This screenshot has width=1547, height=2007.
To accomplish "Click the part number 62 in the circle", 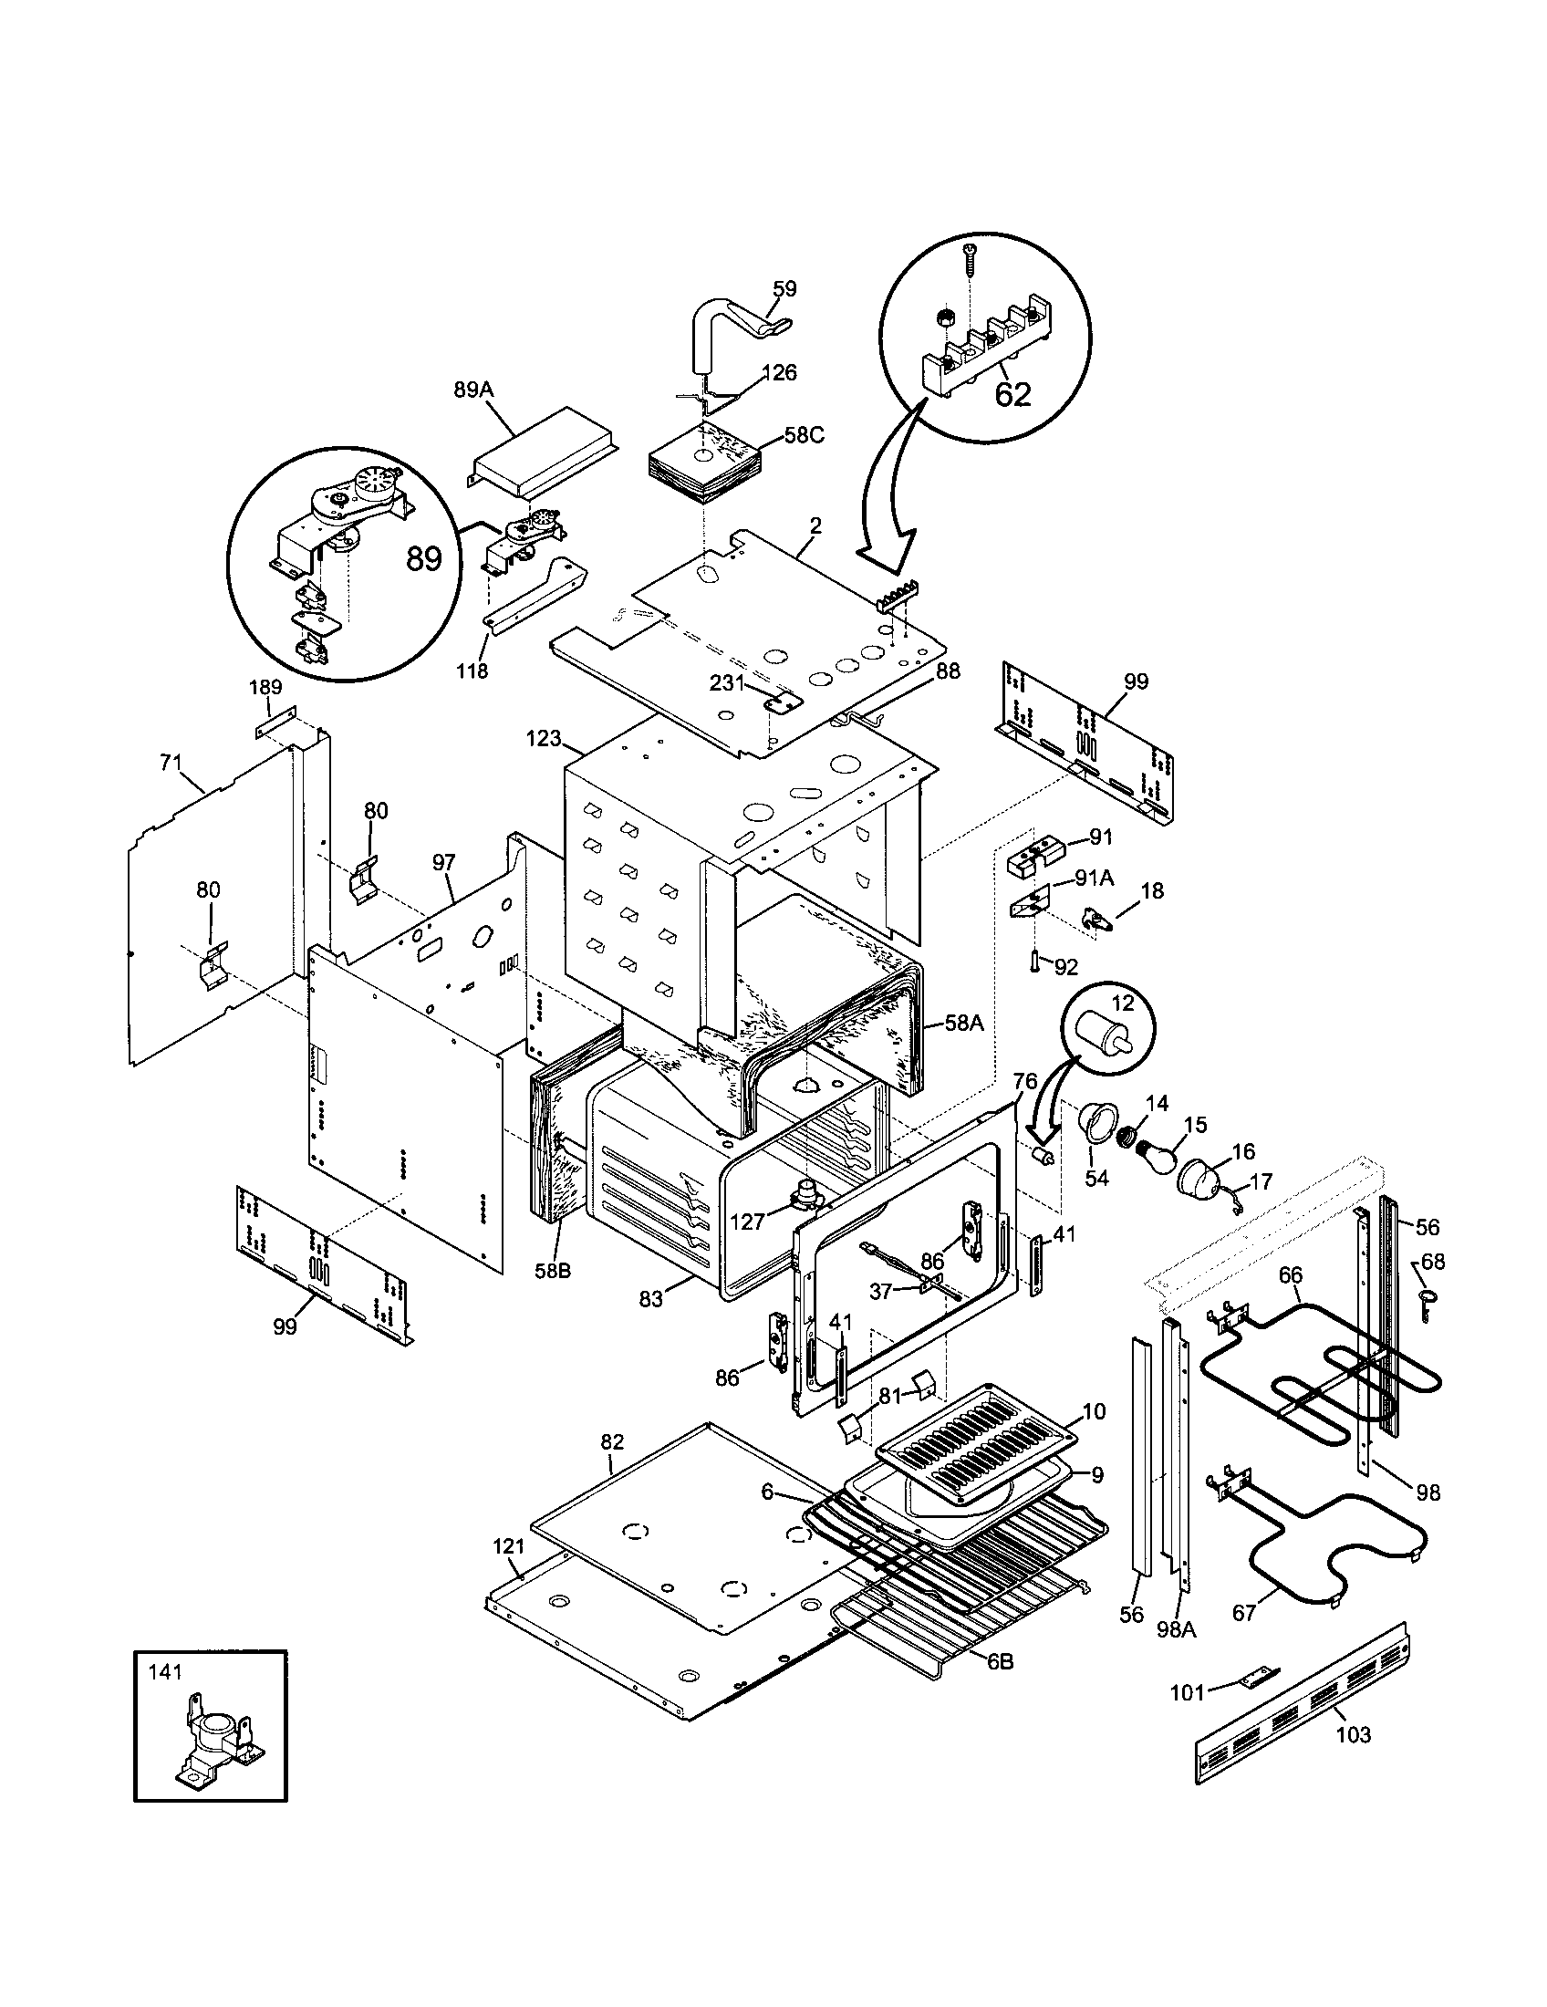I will click(x=1012, y=394).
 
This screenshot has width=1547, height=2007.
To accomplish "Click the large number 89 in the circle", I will click(x=423, y=557).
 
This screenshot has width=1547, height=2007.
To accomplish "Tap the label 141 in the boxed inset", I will click(x=165, y=1671).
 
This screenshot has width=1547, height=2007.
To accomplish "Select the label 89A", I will click(x=474, y=390).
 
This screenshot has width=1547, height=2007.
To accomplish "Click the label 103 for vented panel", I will click(x=1352, y=1734).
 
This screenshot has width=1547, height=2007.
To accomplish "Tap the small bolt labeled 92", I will click(x=1034, y=962).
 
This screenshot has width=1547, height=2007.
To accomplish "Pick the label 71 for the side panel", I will click(x=171, y=762).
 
